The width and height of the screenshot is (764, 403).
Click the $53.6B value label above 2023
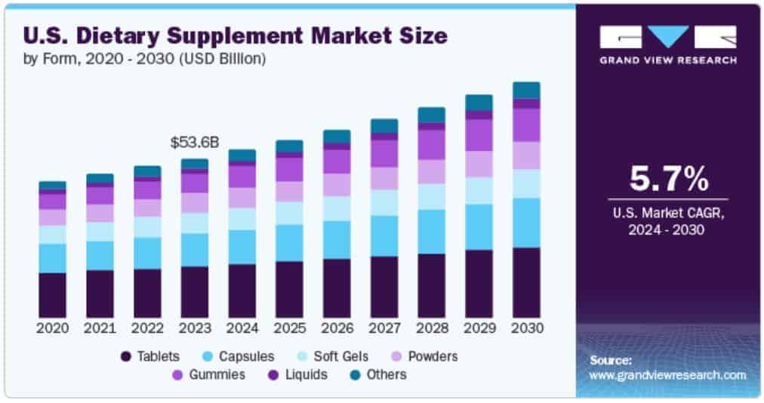pos(194,143)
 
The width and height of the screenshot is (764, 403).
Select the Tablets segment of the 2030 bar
pos(526,282)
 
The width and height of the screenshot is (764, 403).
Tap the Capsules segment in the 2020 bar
pos(52,258)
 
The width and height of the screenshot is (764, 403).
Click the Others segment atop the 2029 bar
pos(479,103)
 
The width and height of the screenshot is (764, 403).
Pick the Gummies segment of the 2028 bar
pos(431,144)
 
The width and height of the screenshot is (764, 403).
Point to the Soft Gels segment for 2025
pos(289,213)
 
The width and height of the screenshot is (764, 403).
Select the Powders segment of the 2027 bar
pos(384,178)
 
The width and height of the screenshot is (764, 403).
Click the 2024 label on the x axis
pos(242,328)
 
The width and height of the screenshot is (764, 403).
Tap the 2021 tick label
pos(100,328)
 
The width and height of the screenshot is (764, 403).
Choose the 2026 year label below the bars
pos(337,328)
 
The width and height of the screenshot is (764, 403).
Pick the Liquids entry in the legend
pos(297,374)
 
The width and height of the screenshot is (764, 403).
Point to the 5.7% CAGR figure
pos(668,180)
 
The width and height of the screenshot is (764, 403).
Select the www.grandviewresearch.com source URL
pos(667,375)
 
